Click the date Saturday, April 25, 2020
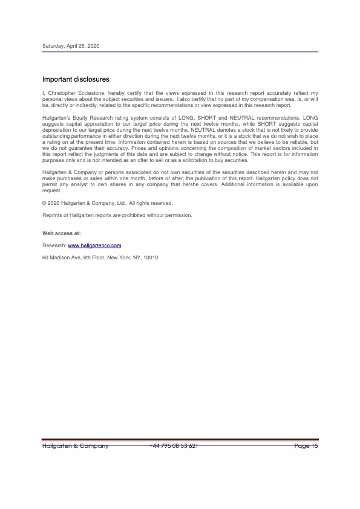coord(70,47)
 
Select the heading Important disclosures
coord(76,79)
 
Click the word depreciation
coord(59,129)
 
